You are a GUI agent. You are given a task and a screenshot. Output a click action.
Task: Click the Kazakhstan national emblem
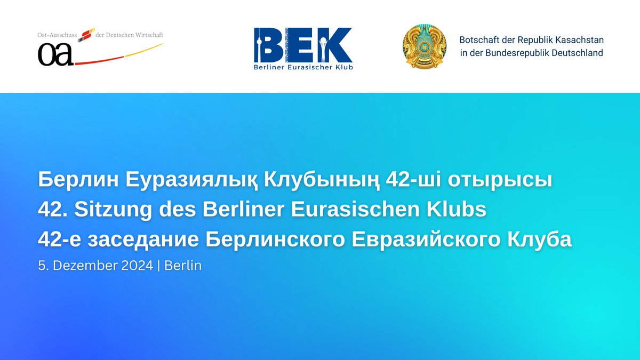[x=425, y=46]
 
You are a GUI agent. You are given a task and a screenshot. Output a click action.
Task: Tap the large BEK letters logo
[x=303, y=45]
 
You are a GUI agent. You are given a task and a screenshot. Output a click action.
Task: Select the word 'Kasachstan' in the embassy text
[x=580, y=40]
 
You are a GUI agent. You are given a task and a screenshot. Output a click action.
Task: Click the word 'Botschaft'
[x=477, y=40]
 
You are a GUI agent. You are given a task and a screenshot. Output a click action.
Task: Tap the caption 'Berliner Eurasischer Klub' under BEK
[x=303, y=67]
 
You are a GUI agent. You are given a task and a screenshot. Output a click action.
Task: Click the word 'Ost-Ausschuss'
[x=58, y=35]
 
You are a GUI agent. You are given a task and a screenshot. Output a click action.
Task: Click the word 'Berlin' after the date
[x=183, y=265]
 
